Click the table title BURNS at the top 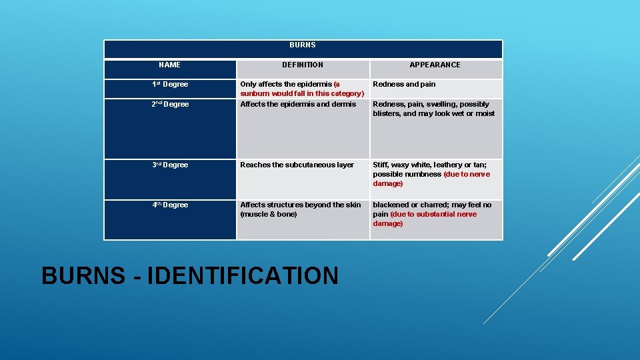point(303,45)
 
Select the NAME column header point(169,65)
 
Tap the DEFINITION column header point(303,65)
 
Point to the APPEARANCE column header point(435,65)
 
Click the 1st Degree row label point(170,85)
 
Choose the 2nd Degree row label point(170,105)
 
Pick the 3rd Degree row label point(170,165)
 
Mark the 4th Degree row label point(170,205)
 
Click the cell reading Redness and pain point(404,85)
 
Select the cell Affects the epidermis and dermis point(298,105)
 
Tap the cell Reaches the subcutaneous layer point(297,165)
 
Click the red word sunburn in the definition point(254,94)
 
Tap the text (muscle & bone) point(268,215)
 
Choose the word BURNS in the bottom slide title point(83,275)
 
